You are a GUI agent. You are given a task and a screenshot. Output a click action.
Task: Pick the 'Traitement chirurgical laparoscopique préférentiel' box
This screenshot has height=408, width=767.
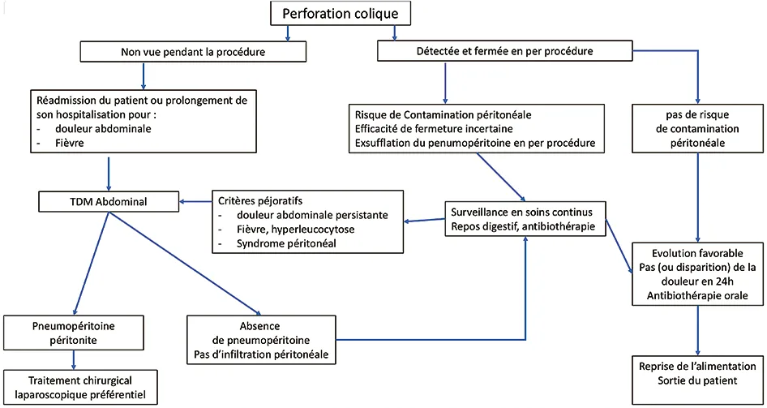tap(80, 389)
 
